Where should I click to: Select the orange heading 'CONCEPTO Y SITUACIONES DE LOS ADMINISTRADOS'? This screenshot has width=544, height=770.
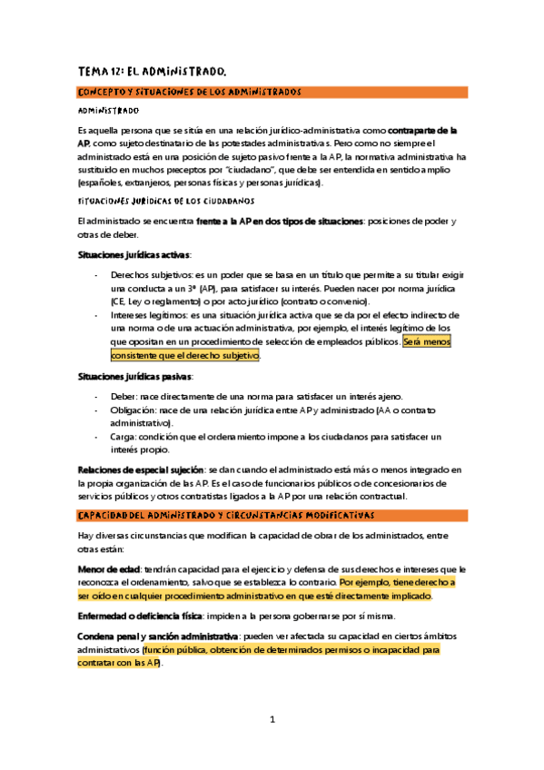tap(188, 92)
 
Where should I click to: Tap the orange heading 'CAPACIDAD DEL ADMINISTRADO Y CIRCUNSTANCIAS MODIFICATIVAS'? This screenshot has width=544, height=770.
tap(225, 516)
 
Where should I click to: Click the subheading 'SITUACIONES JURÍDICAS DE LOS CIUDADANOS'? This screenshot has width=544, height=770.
tap(166, 201)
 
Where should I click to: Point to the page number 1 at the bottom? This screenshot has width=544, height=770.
tap(272, 720)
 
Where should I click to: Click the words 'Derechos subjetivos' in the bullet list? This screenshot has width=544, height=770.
tap(149, 274)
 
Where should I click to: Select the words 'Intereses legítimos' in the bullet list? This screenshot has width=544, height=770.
tap(145, 315)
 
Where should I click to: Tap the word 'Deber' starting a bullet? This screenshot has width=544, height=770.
tap(123, 395)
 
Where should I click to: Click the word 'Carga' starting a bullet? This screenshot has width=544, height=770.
tap(123, 437)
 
